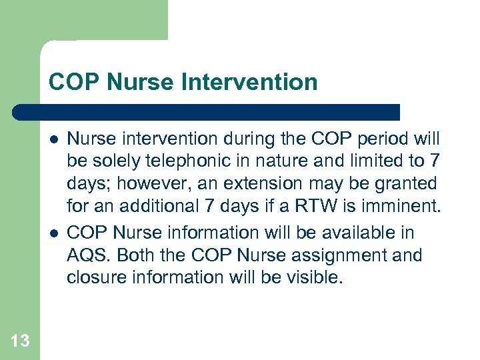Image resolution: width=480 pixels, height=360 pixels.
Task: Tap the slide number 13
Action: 20,341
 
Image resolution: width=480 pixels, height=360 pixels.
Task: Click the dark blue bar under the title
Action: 207,111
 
